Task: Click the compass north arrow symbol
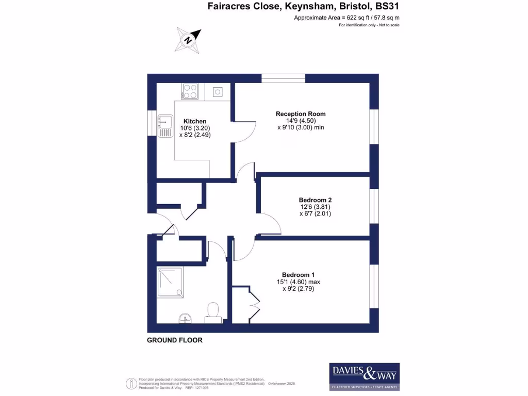pos(188,39)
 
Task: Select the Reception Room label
pos(301,114)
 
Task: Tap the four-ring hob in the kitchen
pos(190,92)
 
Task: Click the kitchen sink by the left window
pos(166,125)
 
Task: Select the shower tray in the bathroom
pos(170,282)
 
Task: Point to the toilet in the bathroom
pos(212,311)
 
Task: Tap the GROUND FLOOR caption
pos(175,340)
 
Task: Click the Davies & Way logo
pos(364,377)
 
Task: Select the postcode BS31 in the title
pos(387,7)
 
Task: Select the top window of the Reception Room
pos(283,78)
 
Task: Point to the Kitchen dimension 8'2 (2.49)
pos(195,135)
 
